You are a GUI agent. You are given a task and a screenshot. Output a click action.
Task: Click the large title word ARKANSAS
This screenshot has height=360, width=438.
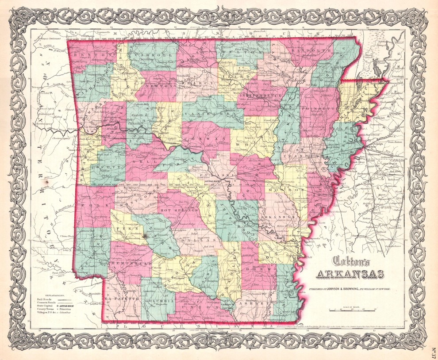(346, 274)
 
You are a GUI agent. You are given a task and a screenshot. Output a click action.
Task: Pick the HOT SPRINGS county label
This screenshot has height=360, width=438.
(179, 208)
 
